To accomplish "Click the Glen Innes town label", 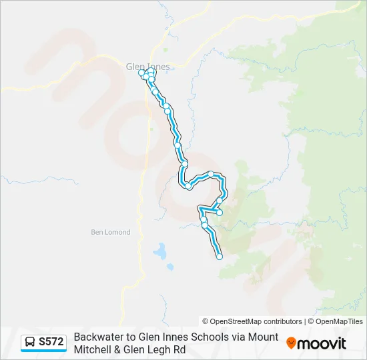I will pyautogui.click(x=147, y=66).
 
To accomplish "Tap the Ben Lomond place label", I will pyautogui.click(x=111, y=232).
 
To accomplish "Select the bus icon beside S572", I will pyautogui.click(x=31, y=342).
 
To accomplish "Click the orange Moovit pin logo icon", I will pyautogui.click(x=291, y=343).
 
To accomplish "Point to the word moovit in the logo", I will pyautogui.click(x=322, y=343).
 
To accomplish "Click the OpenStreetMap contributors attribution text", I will pyautogui.click(x=252, y=321).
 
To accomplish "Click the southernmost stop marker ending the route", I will pyautogui.click(x=220, y=257).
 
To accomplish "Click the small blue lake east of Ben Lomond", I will pyautogui.click(x=160, y=251).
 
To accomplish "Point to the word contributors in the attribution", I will pyautogui.click(x=283, y=321).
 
